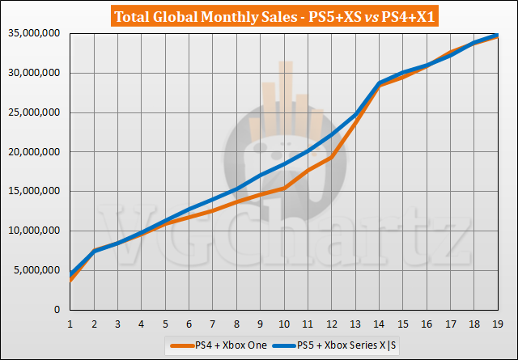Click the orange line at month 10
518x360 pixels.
tap(284, 188)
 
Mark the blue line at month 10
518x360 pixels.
tap(284, 164)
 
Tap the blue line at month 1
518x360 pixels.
tap(71, 273)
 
